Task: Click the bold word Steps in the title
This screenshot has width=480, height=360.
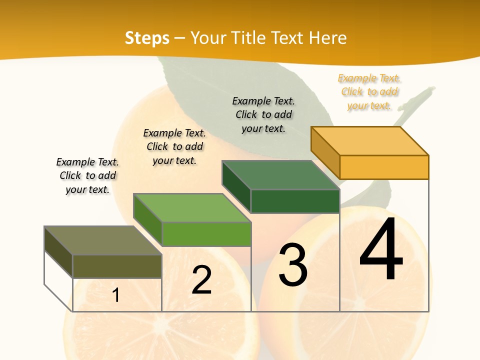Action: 147,38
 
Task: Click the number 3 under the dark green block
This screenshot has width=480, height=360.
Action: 293,265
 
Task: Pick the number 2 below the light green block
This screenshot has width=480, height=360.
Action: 202,280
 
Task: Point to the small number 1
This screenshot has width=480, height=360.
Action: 116,295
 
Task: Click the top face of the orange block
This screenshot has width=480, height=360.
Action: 370,140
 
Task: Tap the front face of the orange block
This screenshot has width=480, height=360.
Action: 384,167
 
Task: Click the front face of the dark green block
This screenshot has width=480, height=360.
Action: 295,201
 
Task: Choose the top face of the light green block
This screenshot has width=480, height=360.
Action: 192,208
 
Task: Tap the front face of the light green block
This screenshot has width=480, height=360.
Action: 206,234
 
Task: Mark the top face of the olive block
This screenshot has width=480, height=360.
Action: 103,240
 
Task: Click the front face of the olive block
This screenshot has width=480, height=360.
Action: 117,266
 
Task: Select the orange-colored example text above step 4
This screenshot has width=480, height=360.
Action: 369,92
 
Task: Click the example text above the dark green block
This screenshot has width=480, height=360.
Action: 263,114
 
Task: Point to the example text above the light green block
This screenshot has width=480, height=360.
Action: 174,146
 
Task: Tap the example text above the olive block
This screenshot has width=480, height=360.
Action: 87,175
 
